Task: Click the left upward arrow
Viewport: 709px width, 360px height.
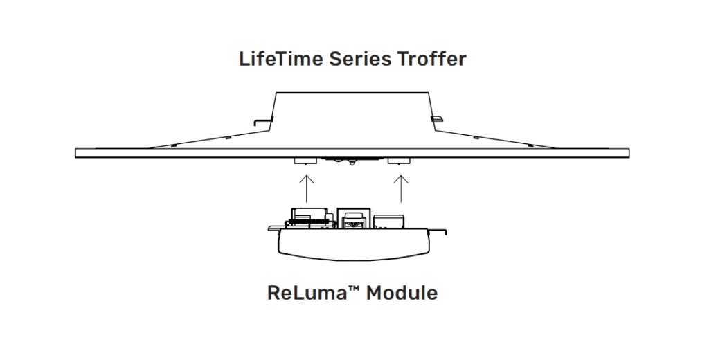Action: pos(306,188)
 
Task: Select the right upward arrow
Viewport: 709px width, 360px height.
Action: pos(400,188)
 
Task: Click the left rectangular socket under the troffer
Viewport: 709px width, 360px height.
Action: pos(305,161)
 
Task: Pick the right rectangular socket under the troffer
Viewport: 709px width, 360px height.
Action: pos(399,161)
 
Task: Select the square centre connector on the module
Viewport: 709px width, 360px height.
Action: pos(354,218)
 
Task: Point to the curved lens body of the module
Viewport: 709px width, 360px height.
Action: pos(353,246)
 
